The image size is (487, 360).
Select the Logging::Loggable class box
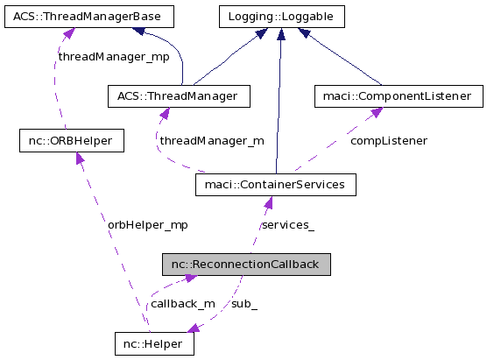280,16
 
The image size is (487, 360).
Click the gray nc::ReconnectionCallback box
245,265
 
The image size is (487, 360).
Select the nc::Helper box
153,344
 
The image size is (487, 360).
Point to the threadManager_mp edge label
114,56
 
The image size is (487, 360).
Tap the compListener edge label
389,140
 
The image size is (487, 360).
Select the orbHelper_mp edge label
148,224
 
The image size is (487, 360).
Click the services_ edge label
288,224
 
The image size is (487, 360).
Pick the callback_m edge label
182,304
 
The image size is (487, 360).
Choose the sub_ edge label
244,304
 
